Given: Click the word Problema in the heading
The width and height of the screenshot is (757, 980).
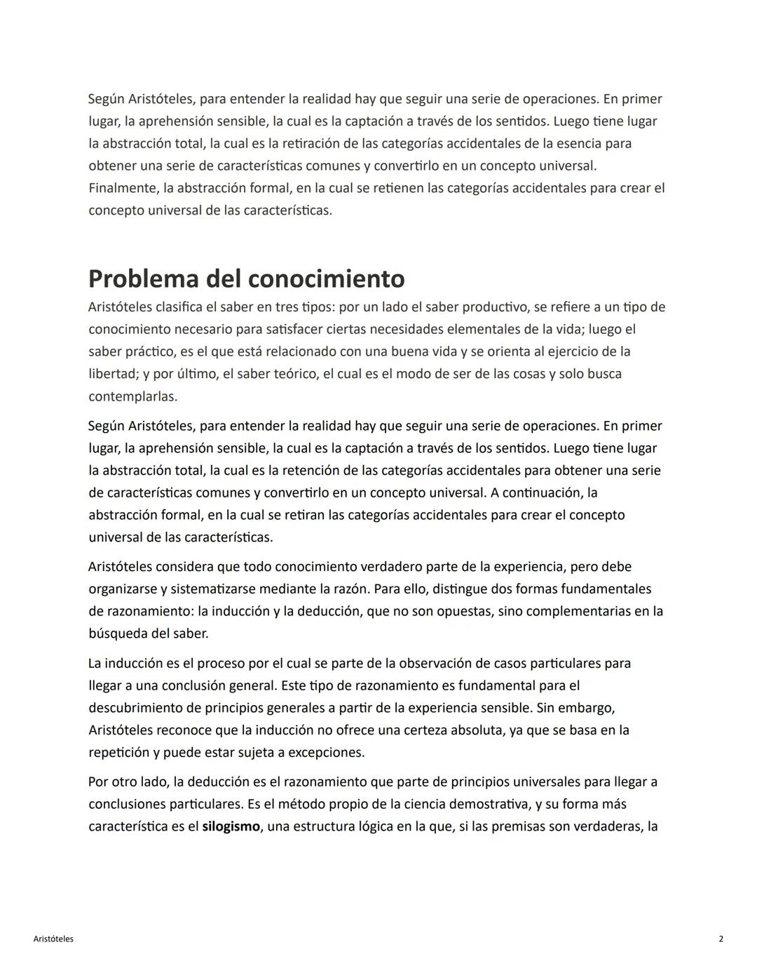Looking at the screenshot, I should click(x=143, y=278).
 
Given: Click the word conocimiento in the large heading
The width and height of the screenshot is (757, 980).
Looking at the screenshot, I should click(x=326, y=278).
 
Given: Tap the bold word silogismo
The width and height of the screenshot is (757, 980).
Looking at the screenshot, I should click(x=231, y=826).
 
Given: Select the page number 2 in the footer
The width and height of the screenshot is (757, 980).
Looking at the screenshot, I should click(x=721, y=939).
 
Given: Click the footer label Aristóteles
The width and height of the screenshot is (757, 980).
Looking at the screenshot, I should click(x=53, y=939).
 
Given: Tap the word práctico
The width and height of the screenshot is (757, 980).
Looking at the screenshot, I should click(x=145, y=351).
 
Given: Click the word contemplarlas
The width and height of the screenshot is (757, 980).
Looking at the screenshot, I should click(x=132, y=396).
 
